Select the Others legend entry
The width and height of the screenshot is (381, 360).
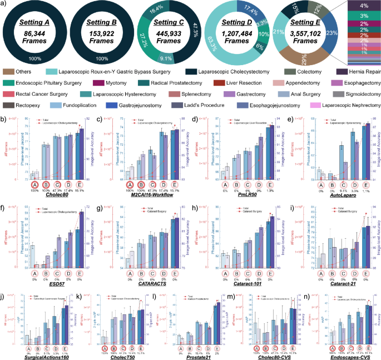click(x=22, y=72)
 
